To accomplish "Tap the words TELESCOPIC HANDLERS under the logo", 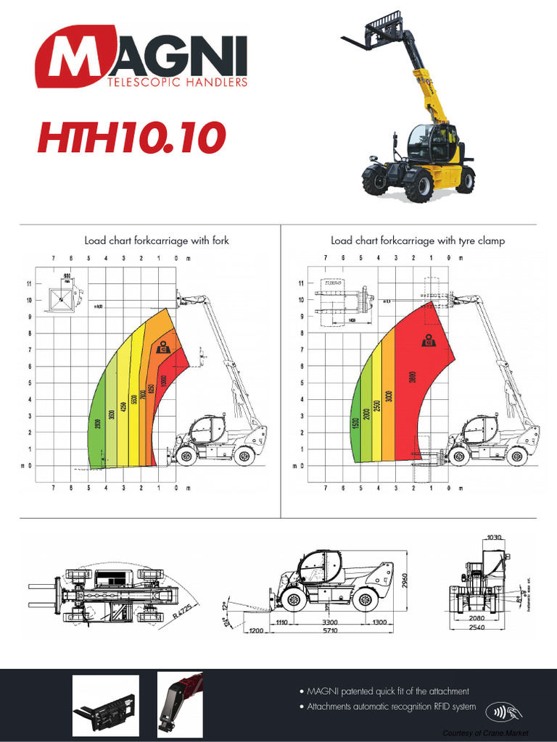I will (x=177, y=83).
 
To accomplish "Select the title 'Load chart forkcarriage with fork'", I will (x=157, y=241).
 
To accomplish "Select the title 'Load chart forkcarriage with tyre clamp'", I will (x=418, y=241).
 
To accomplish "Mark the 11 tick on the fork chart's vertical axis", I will (x=30, y=283).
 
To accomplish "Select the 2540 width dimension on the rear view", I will (x=476, y=627).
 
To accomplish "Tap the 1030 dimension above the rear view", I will (x=494, y=537).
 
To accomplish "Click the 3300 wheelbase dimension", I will (x=331, y=622).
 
